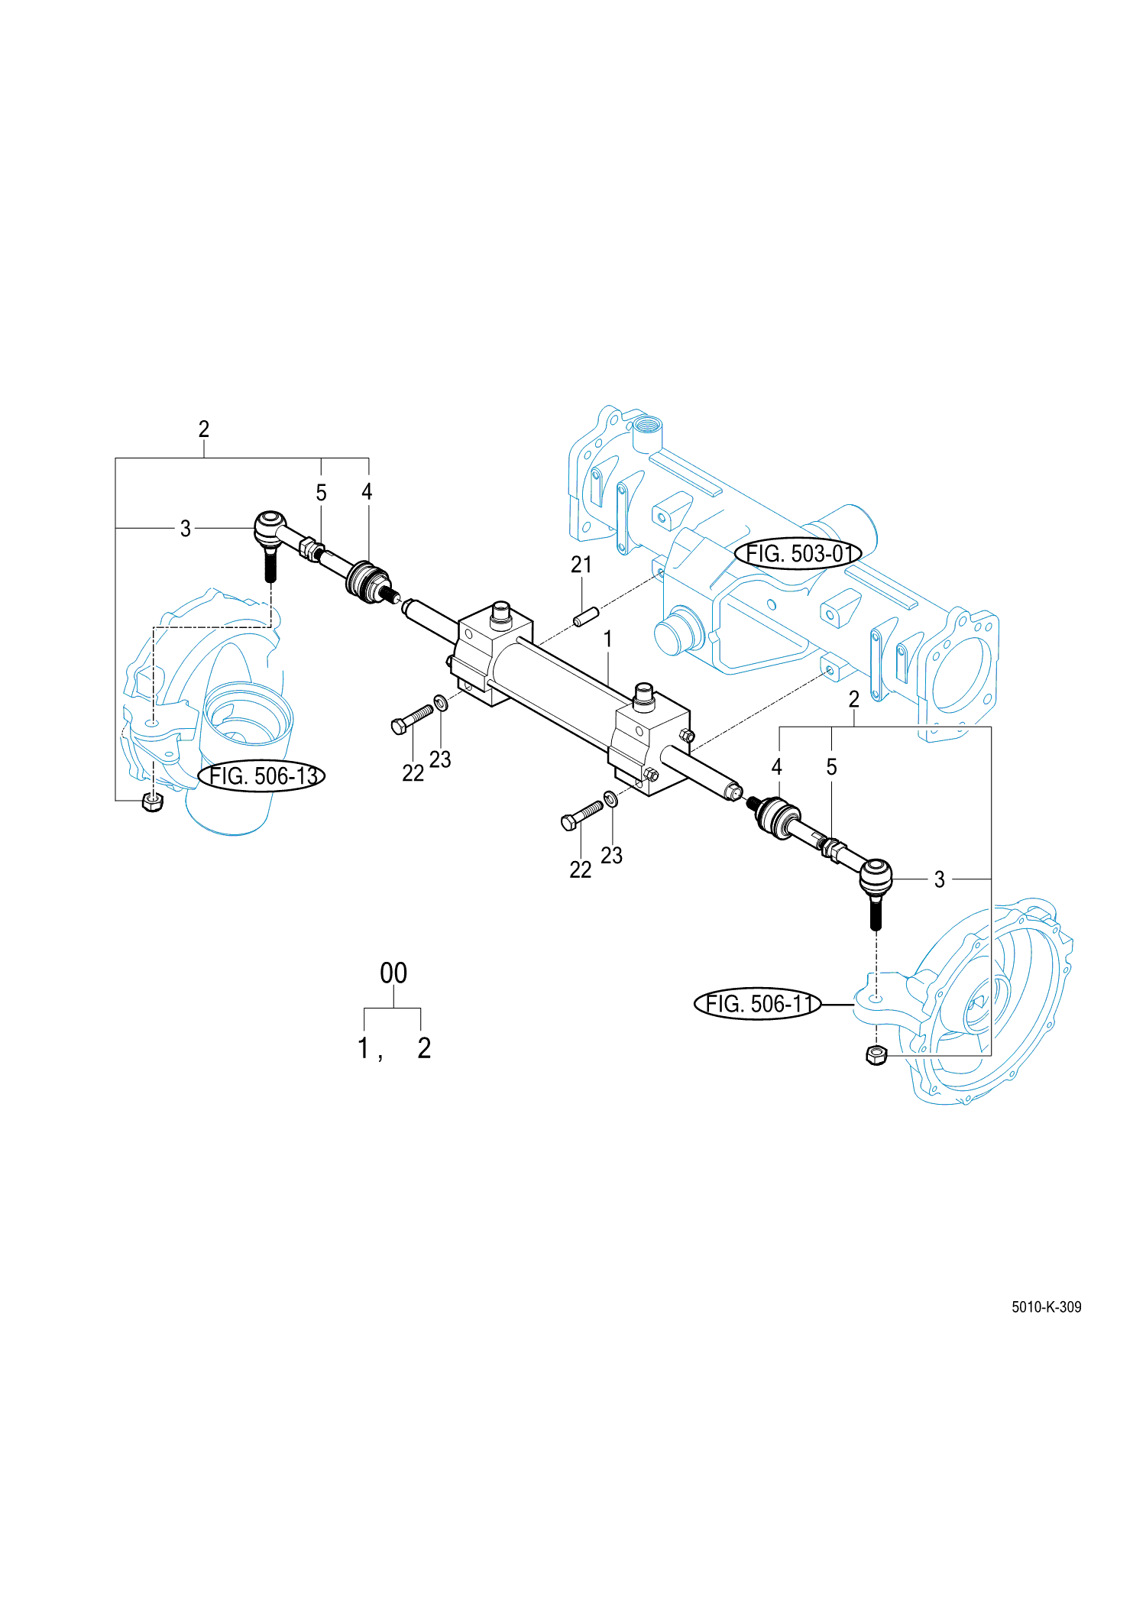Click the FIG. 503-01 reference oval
click(798, 553)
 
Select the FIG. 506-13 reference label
click(262, 776)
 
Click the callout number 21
click(581, 565)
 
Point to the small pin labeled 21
click(586, 616)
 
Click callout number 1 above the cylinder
click(607, 639)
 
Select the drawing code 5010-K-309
click(1046, 1306)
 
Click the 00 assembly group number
click(393, 973)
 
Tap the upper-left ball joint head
click(268, 526)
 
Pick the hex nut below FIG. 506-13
click(153, 801)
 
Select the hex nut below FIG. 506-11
click(876, 1055)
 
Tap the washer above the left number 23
click(441, 702)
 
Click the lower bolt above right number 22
click(581, 815)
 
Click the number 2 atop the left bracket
click(204, 429)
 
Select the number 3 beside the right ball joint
click(940, 879)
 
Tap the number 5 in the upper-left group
click(321, 493)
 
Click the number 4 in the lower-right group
click(777, 767)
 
